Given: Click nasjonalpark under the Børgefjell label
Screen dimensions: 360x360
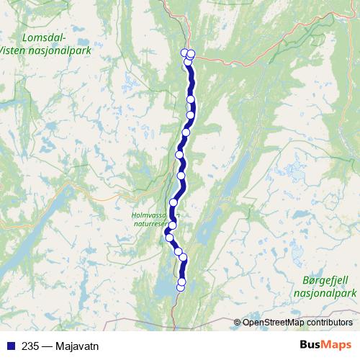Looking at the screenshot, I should (325, 293).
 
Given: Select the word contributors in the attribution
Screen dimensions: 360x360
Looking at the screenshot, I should (328, 322).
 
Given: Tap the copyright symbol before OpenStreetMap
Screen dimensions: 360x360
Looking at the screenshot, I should (238, 322).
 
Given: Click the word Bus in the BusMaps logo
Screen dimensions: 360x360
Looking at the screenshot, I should (312, 344).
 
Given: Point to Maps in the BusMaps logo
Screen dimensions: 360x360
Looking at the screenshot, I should (337, 344).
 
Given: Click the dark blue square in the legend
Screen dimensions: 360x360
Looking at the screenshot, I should (9, 345).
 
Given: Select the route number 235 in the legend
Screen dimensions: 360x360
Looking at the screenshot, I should (30, 345).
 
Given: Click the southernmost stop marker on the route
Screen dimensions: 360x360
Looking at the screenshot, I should (181, 287).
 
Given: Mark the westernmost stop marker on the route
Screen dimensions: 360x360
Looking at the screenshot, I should (169, 237).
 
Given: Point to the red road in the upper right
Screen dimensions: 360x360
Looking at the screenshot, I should (288, 36).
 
